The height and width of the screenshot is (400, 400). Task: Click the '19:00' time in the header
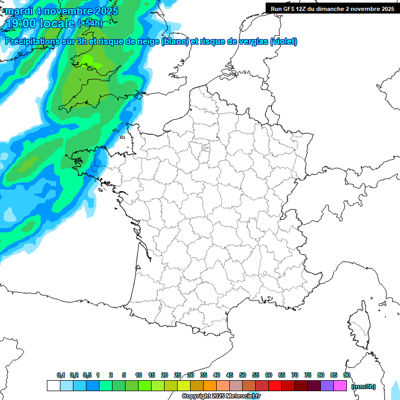pos(21,23)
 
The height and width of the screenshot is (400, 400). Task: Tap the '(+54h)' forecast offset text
pos(90,23)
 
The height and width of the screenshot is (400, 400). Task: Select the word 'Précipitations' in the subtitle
pos(32,42)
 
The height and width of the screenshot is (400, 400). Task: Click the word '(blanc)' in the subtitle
pos(175,42)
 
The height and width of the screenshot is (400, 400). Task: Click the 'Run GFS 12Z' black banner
pos(332,8)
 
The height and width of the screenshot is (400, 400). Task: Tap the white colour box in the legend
pos(53,385)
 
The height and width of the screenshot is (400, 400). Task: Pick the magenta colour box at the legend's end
pos(340,385)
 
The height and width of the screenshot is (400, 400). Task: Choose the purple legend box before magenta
pos(327,385)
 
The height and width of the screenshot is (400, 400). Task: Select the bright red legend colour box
pos(275,385)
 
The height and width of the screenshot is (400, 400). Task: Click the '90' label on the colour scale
pos(347,375)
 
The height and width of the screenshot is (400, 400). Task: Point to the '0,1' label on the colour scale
pos(60,375)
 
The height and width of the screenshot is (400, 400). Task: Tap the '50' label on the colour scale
pos(243,375)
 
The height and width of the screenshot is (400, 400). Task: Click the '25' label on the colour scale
pos(178,375)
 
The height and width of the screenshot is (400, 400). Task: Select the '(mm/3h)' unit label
pos(364,386)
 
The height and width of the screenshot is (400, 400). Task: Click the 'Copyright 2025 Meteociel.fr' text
pos(221,396)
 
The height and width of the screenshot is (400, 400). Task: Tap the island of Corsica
pos(359,326)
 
